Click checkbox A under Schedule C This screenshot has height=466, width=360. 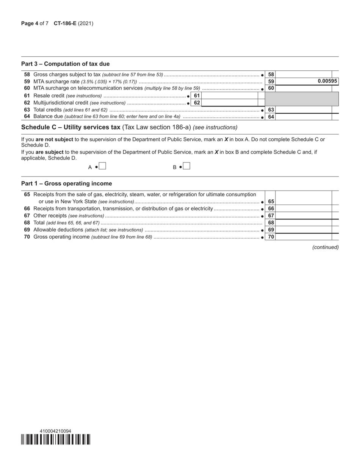102,166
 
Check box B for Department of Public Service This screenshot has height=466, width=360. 186,166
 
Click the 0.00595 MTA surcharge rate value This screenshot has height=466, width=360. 327,81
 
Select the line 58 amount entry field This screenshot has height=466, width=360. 304,74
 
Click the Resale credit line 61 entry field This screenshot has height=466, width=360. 230,95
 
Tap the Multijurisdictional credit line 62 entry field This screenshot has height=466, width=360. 230,103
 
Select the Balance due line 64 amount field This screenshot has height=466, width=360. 304,117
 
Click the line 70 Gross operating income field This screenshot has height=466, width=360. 304,237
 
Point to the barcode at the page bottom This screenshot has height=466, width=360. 56,439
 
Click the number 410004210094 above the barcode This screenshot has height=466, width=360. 55,431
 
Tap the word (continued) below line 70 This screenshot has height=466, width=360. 325,247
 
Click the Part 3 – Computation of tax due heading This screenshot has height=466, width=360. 65,64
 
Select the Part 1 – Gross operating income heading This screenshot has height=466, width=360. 66,183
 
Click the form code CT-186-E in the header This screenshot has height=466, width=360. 65,23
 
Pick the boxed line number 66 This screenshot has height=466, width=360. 271,208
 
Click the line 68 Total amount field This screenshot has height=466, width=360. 304,223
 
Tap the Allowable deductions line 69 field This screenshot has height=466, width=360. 304,230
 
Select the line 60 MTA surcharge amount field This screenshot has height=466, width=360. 304,88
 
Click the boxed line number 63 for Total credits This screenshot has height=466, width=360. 271,110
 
